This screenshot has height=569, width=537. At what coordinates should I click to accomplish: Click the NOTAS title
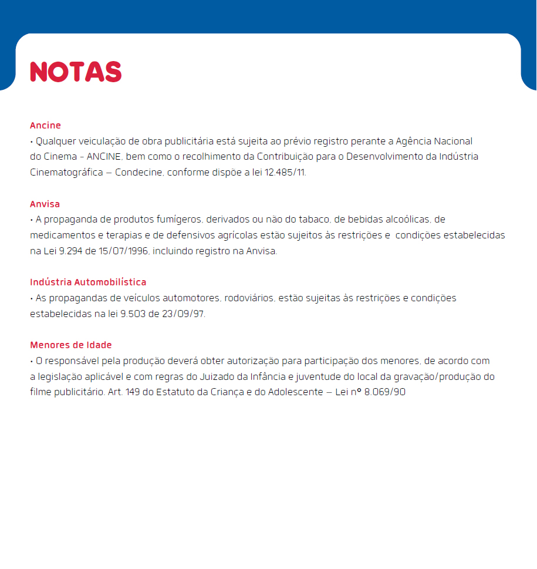pyautogui.click(x=76, y=72)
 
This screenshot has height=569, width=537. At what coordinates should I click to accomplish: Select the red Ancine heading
pyautogui.click(x=45, y=126)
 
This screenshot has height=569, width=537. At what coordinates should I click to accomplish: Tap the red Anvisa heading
pyautogui.click(x=45, y=204)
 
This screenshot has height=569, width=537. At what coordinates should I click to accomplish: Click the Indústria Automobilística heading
pyautogui.click(x=88, y=282)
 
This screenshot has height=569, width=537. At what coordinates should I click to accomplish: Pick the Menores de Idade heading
pyautogui.click(x=70, y=345)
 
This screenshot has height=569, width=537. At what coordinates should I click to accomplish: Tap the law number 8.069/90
pyautogui.click(x=384, y=392)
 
